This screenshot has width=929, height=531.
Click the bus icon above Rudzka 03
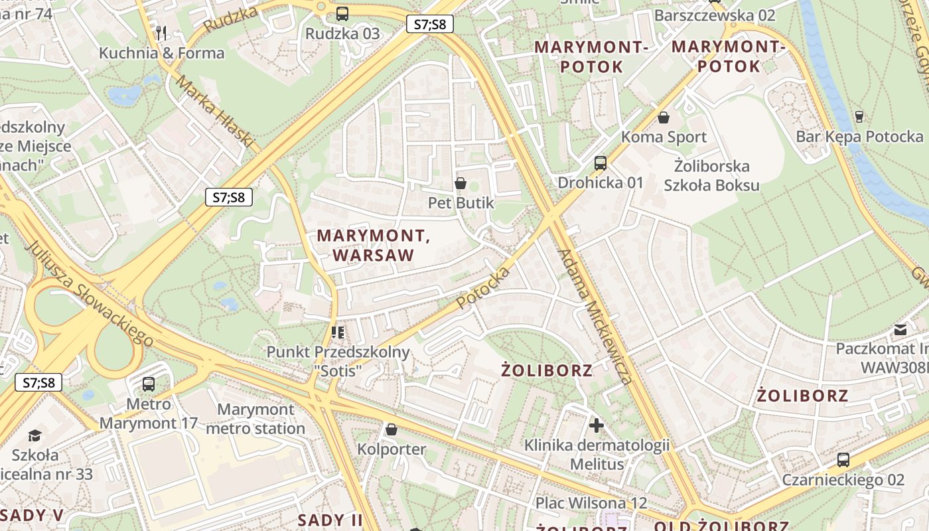342,13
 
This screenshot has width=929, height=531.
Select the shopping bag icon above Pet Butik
461,183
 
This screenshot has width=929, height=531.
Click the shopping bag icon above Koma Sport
663,117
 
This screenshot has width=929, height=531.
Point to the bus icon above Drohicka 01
601,163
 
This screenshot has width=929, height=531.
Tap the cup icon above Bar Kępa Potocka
859,117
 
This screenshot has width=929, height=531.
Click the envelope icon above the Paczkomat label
900,329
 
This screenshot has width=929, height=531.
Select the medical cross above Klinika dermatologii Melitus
596,425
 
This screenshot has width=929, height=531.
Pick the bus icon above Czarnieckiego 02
843,459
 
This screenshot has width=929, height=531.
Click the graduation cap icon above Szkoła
34,435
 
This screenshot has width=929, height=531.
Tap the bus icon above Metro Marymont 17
149,384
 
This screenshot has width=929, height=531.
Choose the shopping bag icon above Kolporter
392,429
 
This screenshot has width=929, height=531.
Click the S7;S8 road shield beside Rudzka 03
430,25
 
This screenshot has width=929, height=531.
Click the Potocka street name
484,287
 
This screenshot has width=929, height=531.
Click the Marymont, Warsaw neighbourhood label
374,245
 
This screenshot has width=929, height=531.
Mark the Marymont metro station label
255,419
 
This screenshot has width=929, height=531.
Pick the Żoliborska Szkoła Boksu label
711,175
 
